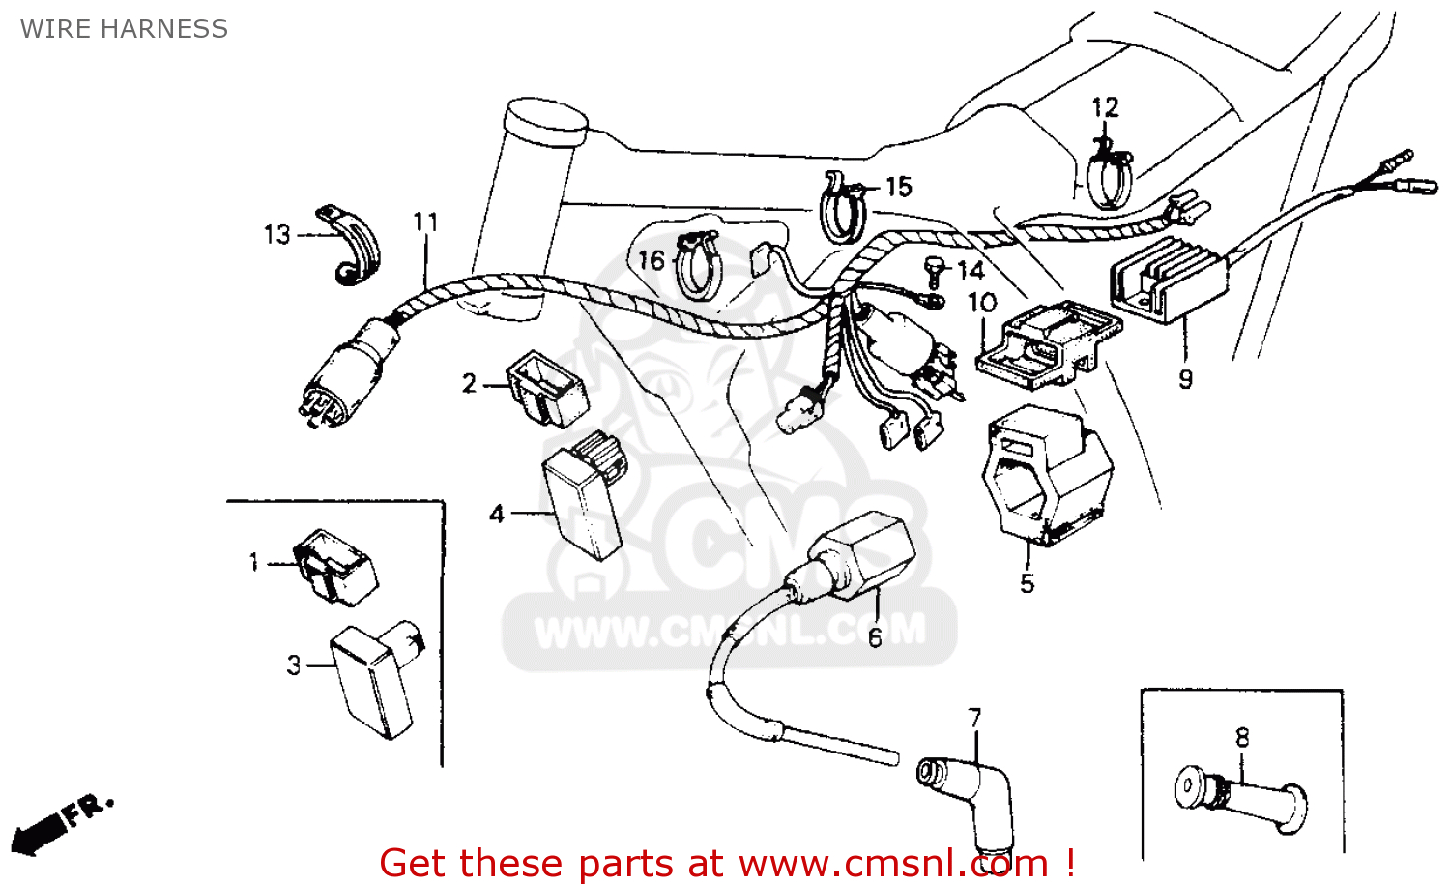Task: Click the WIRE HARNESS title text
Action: point(124,29)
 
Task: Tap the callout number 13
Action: point(276,235)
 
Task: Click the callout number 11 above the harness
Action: point(425,222)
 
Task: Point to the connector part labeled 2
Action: point(545,388)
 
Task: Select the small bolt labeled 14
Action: point(934,270)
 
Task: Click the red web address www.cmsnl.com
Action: point(894,863)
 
